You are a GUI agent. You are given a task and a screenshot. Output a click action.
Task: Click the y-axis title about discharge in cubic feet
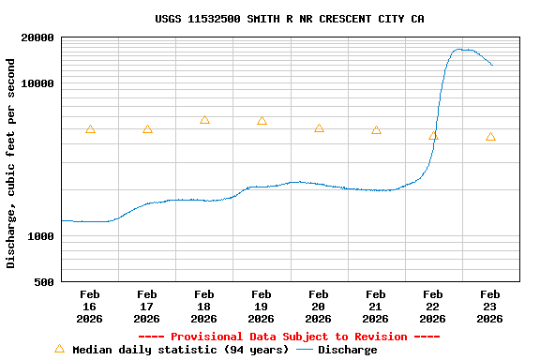[11, 163]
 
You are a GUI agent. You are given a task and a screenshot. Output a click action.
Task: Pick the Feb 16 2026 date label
[90, 307]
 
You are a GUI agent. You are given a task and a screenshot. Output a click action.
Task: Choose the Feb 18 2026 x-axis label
[204, 307]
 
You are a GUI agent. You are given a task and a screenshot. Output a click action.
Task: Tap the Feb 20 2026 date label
[319, 307]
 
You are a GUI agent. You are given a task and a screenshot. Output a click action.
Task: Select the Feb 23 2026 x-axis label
[490, 307]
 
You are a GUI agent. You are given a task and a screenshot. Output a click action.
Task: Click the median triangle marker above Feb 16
[90, 129]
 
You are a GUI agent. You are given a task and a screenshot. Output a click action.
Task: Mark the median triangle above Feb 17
[147, 129]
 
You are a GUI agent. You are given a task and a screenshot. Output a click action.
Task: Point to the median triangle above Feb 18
[204, 120]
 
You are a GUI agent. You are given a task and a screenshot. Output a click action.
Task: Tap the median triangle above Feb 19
[262, 121]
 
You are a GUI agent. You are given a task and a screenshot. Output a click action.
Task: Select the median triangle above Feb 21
[376, 130]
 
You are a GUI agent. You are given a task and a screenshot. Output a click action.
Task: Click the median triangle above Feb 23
[490, 137]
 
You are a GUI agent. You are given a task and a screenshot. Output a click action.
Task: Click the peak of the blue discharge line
[460, 50]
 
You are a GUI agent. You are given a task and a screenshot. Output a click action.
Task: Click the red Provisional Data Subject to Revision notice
[289, 337]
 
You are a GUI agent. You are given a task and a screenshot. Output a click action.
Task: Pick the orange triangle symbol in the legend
[60, 349]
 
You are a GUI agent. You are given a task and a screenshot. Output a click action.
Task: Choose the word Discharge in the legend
[348, 350]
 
